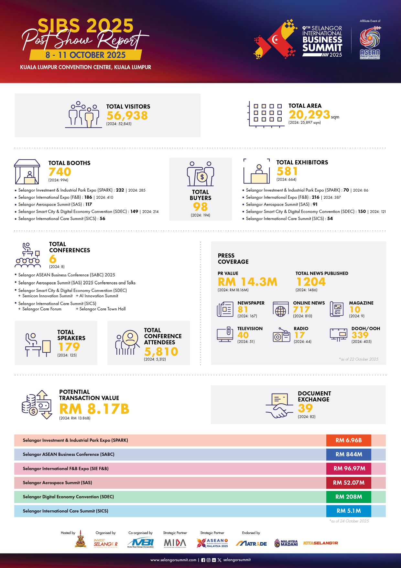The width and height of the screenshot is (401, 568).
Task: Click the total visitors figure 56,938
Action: [127, 116]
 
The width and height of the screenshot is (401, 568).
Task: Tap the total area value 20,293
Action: [309, 115]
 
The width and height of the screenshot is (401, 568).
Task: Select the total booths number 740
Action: [60, 172]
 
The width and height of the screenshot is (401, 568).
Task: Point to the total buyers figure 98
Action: [200, 206]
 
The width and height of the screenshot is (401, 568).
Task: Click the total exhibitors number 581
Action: [287, 171]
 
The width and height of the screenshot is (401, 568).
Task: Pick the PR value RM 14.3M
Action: [247, 282]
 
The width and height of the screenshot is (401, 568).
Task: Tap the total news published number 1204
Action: [311, 282]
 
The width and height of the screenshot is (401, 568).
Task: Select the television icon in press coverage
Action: [225, 334]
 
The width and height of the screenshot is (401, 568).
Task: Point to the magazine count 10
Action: [355, 310]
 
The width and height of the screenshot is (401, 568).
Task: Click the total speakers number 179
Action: [69, 347]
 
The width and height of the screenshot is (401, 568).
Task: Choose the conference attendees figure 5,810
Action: [161, 351]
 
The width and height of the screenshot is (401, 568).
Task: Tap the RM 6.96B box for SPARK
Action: [349, 440]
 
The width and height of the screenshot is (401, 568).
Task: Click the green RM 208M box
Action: [349, 497]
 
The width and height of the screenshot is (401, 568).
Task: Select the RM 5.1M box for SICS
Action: [349, 511]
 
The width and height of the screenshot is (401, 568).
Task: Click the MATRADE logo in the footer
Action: [251, 543]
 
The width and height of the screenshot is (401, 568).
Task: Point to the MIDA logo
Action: [175, 543]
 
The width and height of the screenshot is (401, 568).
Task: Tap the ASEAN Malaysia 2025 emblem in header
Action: [370, 43]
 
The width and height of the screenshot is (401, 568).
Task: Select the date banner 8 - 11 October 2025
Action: [85, 55]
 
